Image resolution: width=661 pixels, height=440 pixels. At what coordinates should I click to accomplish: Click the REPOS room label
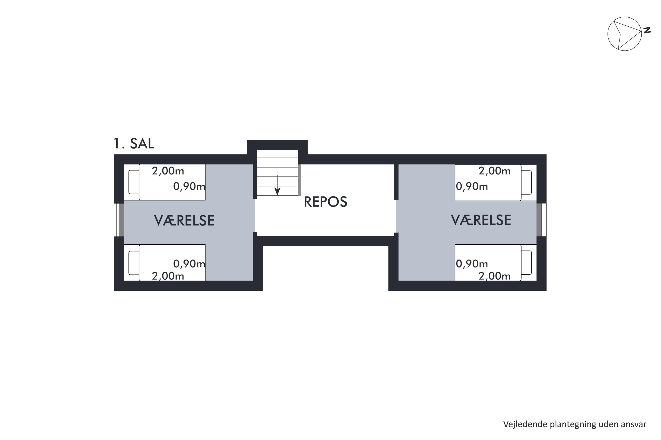[325, 202]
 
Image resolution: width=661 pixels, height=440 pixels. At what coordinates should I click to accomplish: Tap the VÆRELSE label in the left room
[184, 221]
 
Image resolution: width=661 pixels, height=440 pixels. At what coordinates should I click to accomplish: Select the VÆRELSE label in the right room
[481, 220]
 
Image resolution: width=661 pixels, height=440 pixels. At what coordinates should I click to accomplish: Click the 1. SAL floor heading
[134, 144]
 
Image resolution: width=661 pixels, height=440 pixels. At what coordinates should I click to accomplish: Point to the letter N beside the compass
[647, 30]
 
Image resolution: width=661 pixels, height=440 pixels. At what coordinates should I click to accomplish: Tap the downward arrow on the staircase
[277, 185]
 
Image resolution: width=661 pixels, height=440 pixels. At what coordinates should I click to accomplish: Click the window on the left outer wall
[119, 220]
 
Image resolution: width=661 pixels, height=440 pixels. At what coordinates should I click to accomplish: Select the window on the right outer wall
[542, 220]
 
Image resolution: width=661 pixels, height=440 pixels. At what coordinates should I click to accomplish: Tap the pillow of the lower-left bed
[134, 263]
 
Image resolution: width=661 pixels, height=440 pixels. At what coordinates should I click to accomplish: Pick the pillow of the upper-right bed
[526, 182]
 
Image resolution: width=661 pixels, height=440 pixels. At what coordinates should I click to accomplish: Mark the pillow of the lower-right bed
[526, 263]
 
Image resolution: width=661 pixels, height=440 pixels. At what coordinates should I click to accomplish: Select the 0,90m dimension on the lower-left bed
[189, 264]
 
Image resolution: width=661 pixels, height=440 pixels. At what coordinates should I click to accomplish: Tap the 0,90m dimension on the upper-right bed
[472, 187]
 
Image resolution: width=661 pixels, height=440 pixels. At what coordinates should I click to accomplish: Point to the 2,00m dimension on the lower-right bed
[495, 276]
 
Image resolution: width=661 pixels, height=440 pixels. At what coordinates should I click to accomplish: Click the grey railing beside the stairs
[299, 180]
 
